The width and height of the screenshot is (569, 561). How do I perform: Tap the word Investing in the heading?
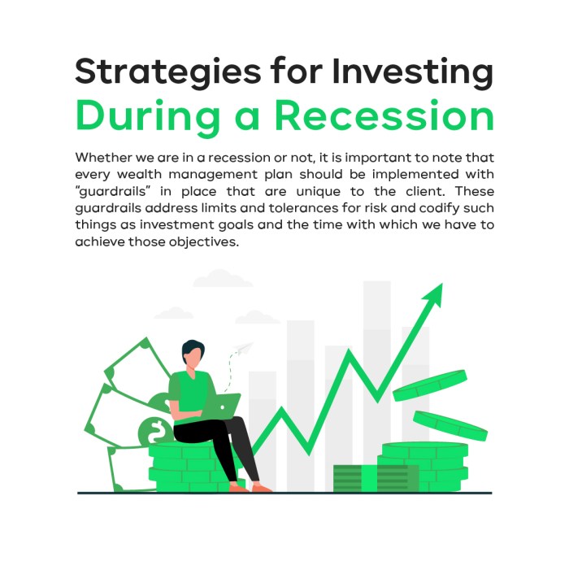click(414, 72)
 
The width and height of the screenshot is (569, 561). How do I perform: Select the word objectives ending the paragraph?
click(205, 244)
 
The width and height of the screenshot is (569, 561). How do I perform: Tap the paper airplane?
click(241, 350)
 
